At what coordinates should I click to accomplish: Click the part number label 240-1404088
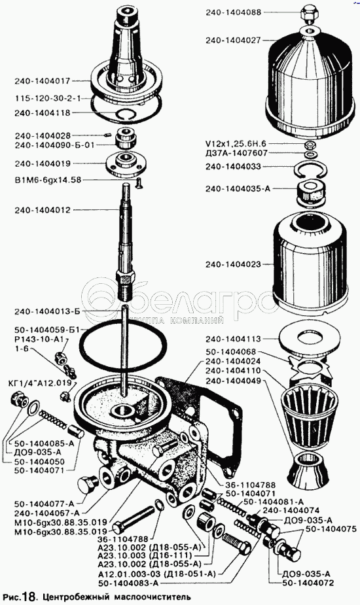point(233,12)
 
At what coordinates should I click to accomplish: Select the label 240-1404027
point(233,40)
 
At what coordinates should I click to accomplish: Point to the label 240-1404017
point(43,81)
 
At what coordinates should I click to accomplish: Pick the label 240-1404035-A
point(238,188)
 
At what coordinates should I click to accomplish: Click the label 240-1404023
point(233,265)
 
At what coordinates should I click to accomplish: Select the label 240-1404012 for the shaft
point(43,211)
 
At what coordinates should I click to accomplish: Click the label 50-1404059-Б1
point(46,330)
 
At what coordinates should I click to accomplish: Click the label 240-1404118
point(43,113)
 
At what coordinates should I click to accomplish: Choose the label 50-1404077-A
point(44,504)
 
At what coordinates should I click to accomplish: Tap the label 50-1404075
point(331,529)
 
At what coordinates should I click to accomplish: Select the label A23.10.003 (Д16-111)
point(145,555)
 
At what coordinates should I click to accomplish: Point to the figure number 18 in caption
point(33,597)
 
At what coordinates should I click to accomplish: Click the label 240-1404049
point(233,381)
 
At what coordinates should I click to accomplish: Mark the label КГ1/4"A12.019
point(39,383)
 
